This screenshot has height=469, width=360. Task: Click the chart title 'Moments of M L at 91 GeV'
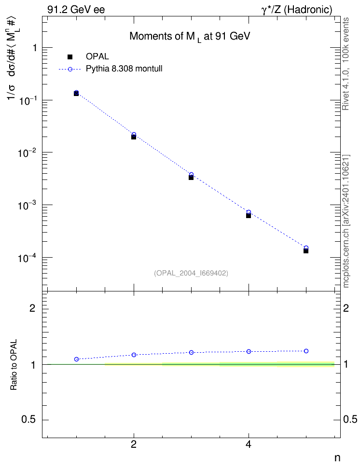click(190, 37)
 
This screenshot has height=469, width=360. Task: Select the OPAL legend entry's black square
click(70, 56)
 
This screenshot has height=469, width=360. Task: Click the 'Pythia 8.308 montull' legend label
click(124, 69)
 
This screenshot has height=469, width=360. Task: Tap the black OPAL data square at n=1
click(76, 94)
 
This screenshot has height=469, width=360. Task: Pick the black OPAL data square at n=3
click(191, 178)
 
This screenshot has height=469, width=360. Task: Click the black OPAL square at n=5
click(306, 251)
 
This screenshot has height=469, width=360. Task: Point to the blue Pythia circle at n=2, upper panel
click(134, 135)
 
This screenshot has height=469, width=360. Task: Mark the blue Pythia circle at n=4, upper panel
click(249, 212)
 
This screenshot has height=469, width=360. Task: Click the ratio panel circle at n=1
click(76, 359)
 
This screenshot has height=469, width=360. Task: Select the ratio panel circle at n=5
click(306, 351)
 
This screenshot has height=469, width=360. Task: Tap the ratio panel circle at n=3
click(191, 352)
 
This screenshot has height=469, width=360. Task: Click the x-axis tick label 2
click(134, 445)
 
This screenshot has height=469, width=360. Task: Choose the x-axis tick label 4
click(249, 445)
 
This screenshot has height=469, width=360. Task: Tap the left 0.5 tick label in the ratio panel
click(28, 420)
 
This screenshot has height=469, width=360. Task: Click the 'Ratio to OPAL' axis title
click(14, 365)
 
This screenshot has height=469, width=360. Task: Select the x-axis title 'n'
click(337, 458)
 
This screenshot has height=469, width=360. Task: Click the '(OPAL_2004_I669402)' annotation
click(191, 273)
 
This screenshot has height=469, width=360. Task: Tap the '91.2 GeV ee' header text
click(76, 10)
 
